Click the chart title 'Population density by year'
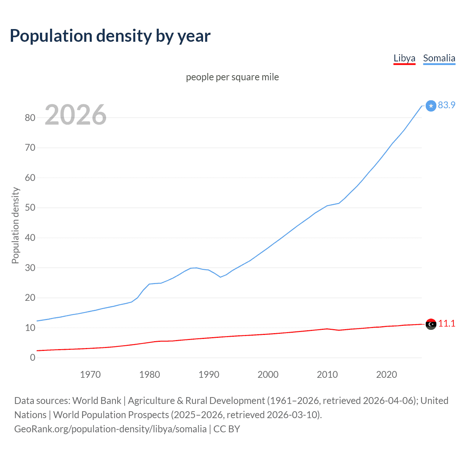point(110,36)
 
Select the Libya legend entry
point(404,58)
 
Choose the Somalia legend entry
point(439,58)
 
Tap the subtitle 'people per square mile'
point(232,77)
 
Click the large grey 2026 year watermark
point(76,115)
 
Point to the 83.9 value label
point(446,105)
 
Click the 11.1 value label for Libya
point(446,323)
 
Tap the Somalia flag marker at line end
point(431,106)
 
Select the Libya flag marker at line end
point(431,324)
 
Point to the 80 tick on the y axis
point(30,118)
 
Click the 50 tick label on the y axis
point(30,208)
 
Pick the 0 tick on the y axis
point(33,357)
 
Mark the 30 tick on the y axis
point(30,268)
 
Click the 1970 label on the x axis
point(90,375)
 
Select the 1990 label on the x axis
point(209,375)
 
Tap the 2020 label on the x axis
point(387,375)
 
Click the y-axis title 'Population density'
point(15,225)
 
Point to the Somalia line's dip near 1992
point(220,277)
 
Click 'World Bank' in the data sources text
point(97,401)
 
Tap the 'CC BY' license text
point(227,429)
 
